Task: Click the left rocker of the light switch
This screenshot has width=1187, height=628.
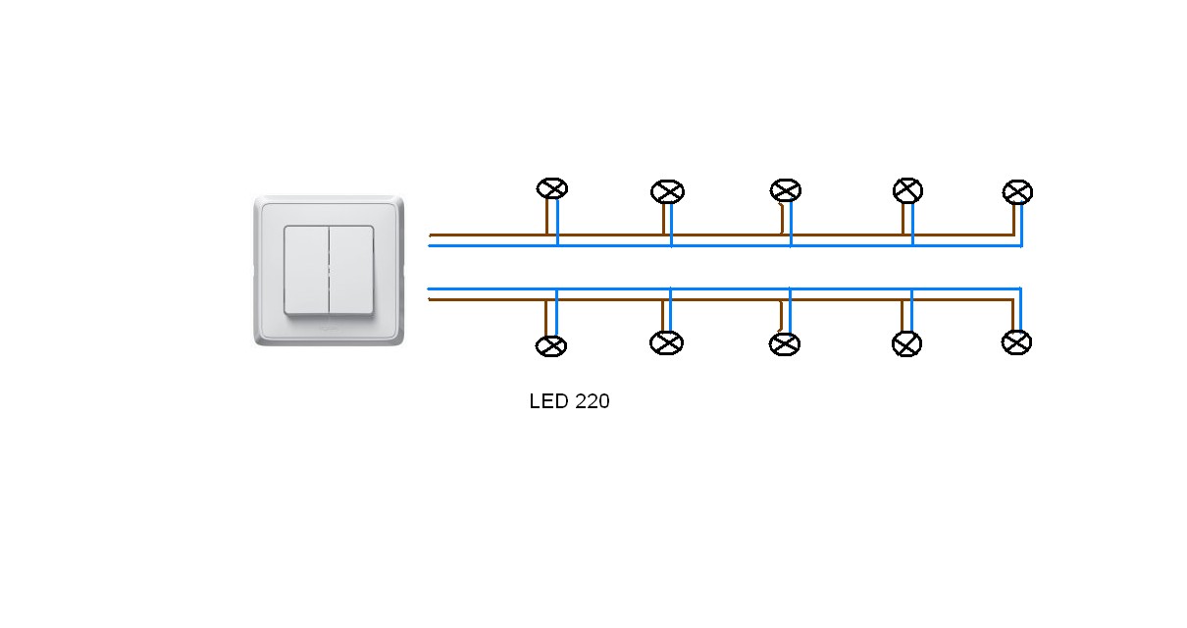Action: (306, 270)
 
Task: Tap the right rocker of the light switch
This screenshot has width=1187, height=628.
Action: (351, 270)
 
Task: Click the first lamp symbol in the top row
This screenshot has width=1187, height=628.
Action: (552, 188)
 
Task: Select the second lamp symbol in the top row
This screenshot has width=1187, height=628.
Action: (667, 191)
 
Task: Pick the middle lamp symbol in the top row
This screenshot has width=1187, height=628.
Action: (785, 190)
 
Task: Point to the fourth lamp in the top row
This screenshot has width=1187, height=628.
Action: (907, 190)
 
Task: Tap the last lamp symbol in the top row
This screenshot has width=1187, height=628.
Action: (1017, 191)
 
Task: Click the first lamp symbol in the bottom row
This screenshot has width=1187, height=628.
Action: (551, 345)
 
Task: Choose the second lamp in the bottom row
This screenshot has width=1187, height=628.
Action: (666, 342)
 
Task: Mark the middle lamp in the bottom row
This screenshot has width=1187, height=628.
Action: (784, 344)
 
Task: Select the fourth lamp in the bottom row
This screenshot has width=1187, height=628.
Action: (906, 344)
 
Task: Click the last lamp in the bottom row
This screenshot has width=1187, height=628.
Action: (1016, 342)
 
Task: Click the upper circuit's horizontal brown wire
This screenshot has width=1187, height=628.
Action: (608, 235)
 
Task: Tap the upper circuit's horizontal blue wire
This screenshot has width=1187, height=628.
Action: (608, 245)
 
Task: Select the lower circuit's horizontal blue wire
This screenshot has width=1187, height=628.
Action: (608, 289)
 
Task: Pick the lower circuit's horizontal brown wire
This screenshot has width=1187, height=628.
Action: (608, 299)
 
